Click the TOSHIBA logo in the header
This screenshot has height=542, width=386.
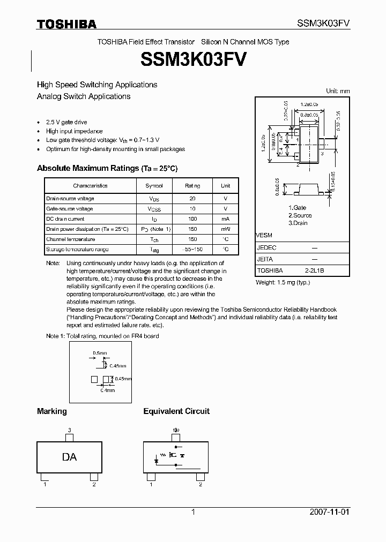66,24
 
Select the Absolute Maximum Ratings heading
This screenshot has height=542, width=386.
107,168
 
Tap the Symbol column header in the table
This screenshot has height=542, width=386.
154,186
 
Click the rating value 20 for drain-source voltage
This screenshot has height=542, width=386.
192,199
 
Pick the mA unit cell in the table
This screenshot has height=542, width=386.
225,219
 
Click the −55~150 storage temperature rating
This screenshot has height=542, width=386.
192,250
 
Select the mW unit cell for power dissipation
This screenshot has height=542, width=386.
225,229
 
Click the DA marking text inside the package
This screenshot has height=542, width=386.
69,457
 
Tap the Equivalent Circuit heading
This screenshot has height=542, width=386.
176,411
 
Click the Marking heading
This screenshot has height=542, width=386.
51,411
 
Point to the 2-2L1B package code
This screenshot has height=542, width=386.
314,270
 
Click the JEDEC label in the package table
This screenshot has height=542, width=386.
266,248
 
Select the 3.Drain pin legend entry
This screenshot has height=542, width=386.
298,223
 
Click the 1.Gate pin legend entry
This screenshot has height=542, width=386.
297,208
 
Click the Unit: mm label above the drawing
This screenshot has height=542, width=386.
338,91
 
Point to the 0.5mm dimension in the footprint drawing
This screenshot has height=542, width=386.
100,353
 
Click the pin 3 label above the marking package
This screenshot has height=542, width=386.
69,430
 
